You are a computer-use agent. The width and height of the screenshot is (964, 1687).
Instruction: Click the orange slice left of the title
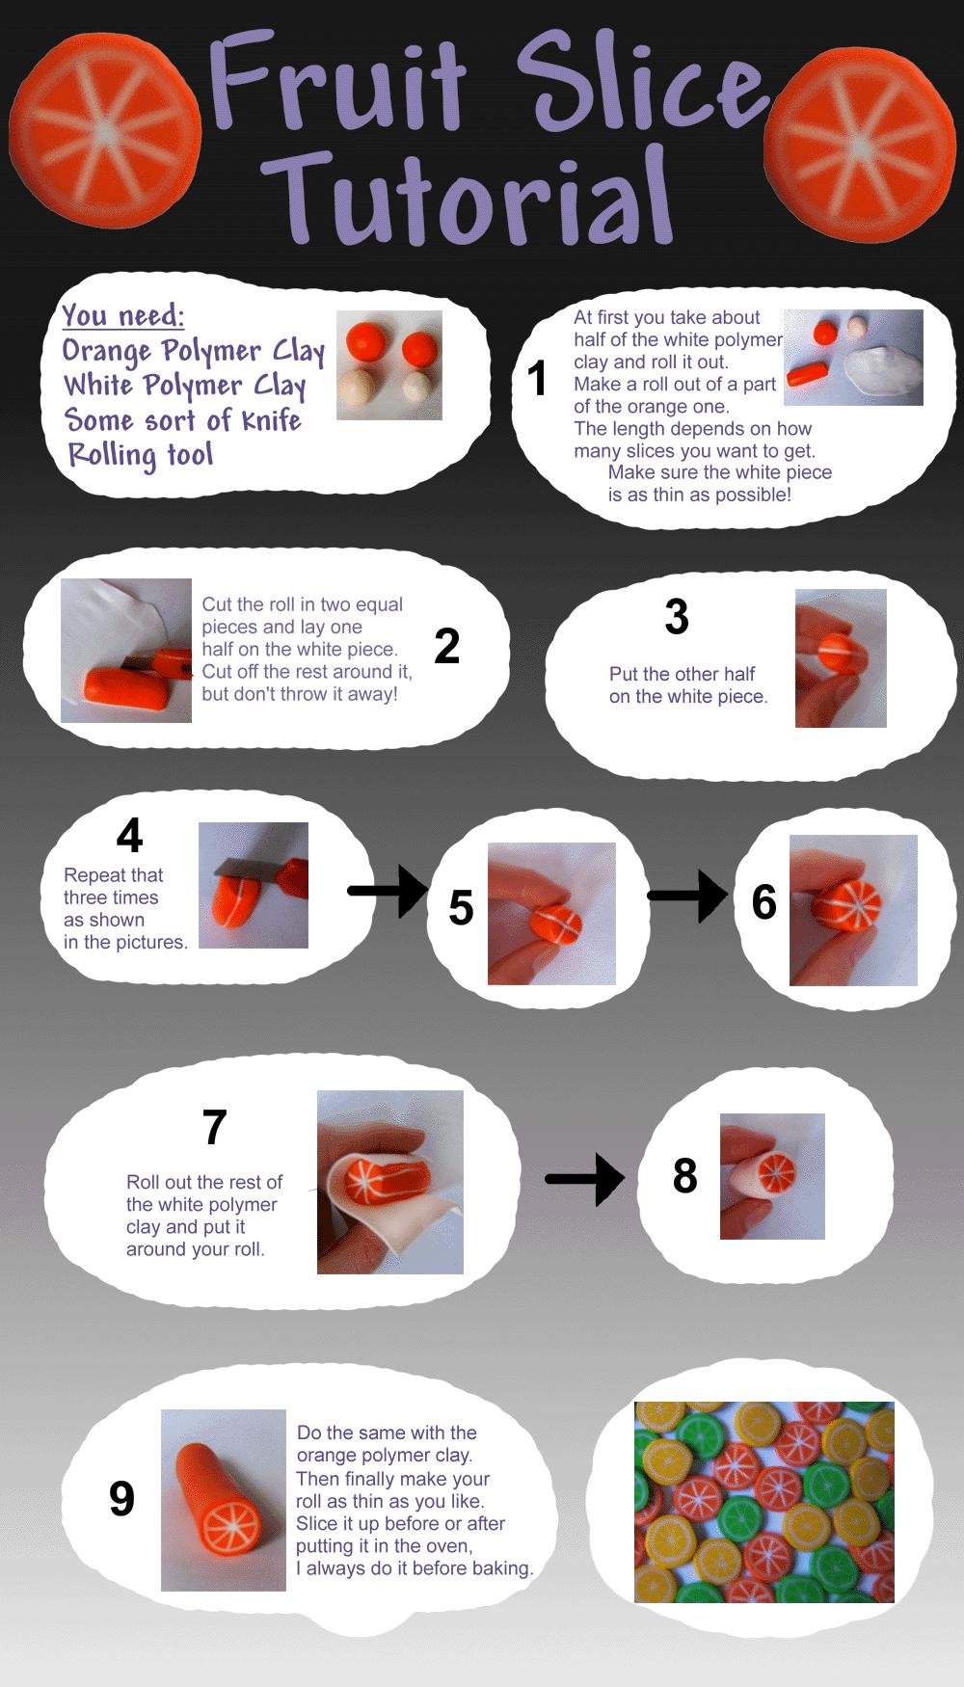coord(105,131)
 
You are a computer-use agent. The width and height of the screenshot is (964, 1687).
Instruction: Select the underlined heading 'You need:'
coord(122,315)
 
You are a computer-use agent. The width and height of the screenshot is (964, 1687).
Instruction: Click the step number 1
coord(537,378)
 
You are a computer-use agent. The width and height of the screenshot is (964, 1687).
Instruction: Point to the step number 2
coord(446,646)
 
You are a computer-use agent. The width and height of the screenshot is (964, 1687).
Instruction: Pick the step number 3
coord(677,617)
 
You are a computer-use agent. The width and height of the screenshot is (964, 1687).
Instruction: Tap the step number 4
coord(129,835)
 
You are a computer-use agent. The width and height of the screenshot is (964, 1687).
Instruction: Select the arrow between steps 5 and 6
coord(687,896)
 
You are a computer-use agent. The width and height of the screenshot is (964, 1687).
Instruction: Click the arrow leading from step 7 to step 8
coord(585,1179)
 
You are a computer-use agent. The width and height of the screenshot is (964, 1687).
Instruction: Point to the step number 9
coord(121,1499)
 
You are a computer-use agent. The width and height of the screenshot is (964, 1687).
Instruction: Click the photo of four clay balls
coord(389,364)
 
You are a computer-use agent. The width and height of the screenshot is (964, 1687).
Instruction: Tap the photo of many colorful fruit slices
coord(764,1502)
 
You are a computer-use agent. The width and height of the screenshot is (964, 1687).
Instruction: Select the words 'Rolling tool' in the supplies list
coord(140,455)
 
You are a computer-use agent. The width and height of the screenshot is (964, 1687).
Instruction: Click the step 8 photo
coord(772,1176)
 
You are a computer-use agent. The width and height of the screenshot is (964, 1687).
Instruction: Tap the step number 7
coord(214,1127)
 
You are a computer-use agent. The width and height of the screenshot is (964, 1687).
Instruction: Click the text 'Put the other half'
coord(682,674)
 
